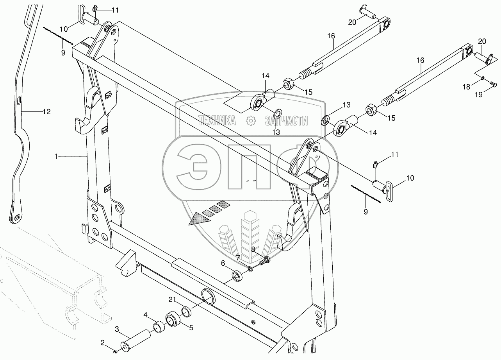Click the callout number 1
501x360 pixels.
coord(57,156)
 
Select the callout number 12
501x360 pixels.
coord(46,112)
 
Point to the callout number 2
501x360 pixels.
coord(103,343)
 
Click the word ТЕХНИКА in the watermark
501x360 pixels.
coord(217,121)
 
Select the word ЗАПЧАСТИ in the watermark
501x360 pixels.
coord(286,121)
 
